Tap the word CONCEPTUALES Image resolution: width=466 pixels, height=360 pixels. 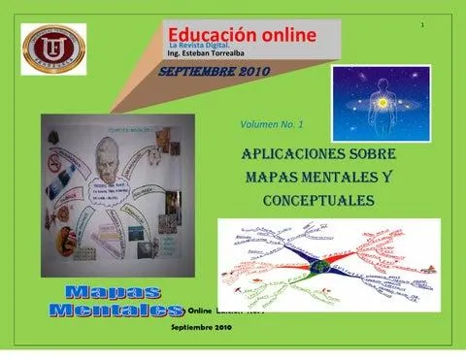(318, 200)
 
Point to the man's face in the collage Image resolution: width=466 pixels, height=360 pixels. (115, 180)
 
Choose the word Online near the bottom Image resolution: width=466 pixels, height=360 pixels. (205, 311)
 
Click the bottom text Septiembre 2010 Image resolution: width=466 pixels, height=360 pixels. (201, 329)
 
